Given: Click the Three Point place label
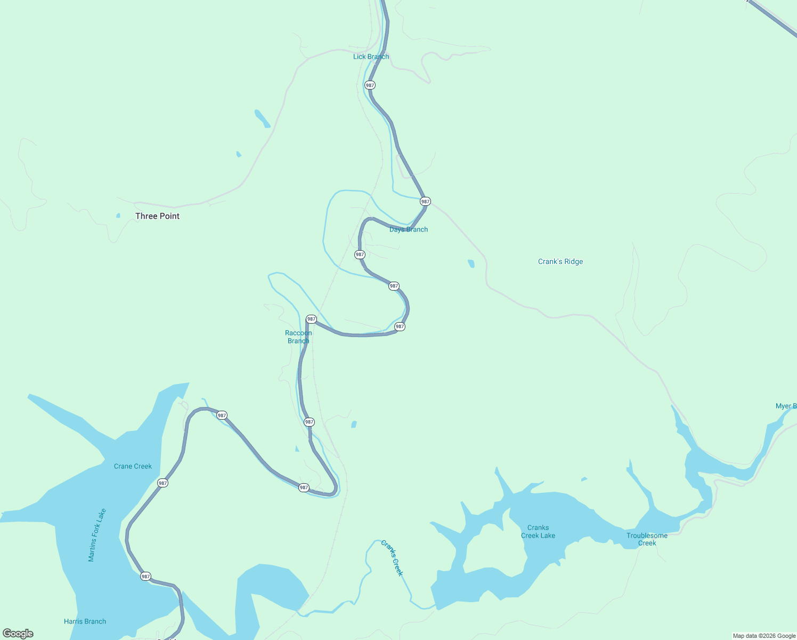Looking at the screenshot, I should (157, 216).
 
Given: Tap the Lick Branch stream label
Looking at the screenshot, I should (371, 57).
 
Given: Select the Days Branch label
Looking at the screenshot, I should (409, 229).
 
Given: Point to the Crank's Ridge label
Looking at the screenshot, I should (560, 261).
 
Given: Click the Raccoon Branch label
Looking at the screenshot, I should (298, 337).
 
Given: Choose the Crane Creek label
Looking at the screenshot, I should (133, 466).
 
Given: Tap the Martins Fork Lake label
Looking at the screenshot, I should (97, 535).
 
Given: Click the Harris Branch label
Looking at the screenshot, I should (85, 621).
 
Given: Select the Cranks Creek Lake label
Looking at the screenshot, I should (538, 532).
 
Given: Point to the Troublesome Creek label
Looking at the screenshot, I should (647, 539).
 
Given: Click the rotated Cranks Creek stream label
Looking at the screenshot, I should (392, 558).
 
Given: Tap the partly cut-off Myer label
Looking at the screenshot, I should (786, 406).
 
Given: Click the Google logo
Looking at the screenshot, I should (18, 634).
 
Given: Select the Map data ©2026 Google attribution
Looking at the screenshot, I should (764, 636).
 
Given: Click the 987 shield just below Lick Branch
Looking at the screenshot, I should (370, 85).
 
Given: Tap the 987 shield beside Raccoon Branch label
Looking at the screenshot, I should (312, 319).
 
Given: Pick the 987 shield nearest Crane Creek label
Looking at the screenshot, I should (162, 483).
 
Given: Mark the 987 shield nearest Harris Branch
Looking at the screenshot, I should (145, 577).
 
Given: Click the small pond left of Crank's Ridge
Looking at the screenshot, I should (471, 263).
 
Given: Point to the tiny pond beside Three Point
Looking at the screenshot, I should (118, 215).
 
